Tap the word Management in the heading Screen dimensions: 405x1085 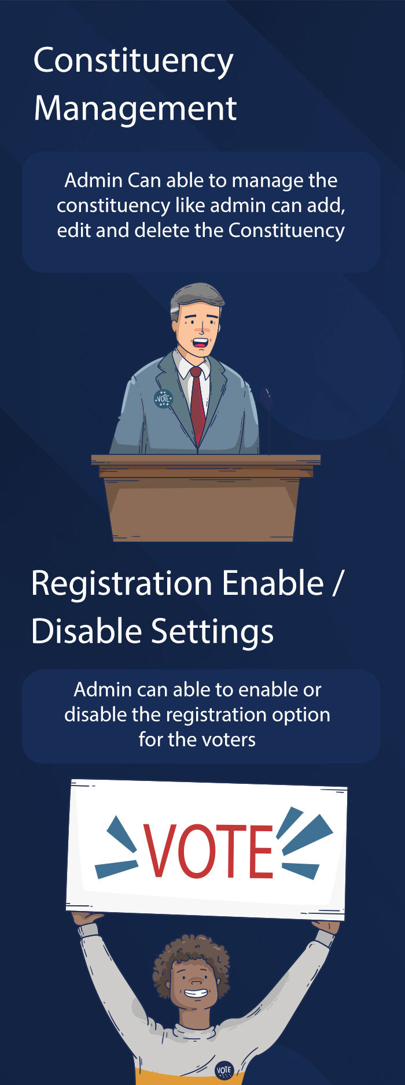(135, 109)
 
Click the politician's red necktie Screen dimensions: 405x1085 (198, 405)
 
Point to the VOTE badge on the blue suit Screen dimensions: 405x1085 (163, 399)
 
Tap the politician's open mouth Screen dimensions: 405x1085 (200, 343)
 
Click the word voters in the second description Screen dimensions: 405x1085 (226, 740)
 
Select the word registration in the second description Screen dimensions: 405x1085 (215, 716)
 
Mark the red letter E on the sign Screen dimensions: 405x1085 (261, 851)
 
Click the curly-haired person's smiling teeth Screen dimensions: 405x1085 (196, 993)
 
